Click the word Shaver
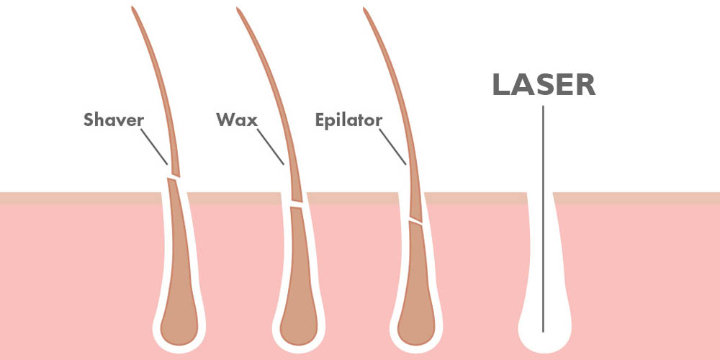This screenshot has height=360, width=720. tap(114, 120)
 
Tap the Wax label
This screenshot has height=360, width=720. tap(237, 120)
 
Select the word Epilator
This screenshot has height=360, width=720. tap(348, 121)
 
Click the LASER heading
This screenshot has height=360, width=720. tap(544, 85)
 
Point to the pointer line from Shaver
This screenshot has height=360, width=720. tap(154, 146)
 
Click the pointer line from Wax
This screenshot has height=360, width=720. tap(271, 146)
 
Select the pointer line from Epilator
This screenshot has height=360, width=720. tap(392, 146)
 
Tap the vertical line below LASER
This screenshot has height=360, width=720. tap(543, 219)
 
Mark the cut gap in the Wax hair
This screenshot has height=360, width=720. tap(296, 204)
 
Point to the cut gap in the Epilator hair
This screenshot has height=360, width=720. tap(415, 221)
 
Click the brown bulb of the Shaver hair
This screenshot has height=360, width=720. tap(179, 321)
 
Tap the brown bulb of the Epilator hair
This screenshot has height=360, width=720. tap(416, 321)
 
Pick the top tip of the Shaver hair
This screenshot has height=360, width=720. tap(132, 7)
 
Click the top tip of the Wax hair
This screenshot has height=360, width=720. tap(238, 8)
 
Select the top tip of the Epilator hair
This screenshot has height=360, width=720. tap(364, 8)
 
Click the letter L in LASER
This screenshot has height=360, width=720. tap(501, 85)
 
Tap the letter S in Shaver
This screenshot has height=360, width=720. tap(89, 120)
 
